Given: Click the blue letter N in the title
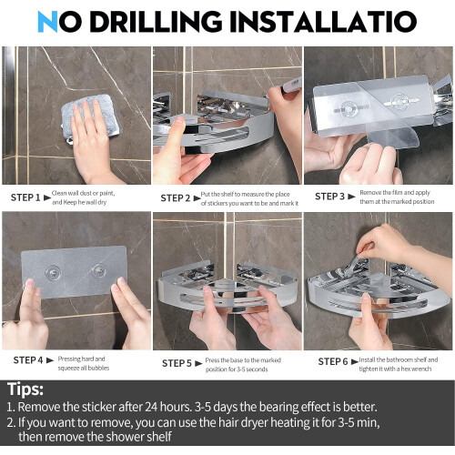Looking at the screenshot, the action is (x=47, y=22).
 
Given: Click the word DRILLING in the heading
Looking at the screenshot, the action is (x=156, y=22).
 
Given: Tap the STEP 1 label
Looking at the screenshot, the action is (x=25, y=197).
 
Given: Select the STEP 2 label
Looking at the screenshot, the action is (x=176, y=198).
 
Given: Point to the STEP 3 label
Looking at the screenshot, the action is (x=329, y=197).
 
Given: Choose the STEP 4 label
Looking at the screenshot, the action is (x=28, y=360).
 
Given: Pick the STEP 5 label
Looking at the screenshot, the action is (x=177, y=363).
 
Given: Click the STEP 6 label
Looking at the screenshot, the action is (x=333, y=361).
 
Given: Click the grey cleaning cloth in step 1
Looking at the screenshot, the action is (x=90, y=116).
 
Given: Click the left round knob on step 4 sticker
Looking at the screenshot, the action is (x=53, y=271).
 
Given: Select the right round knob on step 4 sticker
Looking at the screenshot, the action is (x=98, y=270).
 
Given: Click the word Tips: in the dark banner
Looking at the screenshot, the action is (x=25, y=389).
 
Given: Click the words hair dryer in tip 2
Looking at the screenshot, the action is (x=247, y=422).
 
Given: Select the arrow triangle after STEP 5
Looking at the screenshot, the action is (x=198, y=363).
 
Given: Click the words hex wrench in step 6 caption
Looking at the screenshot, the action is (x=416, y=369).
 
